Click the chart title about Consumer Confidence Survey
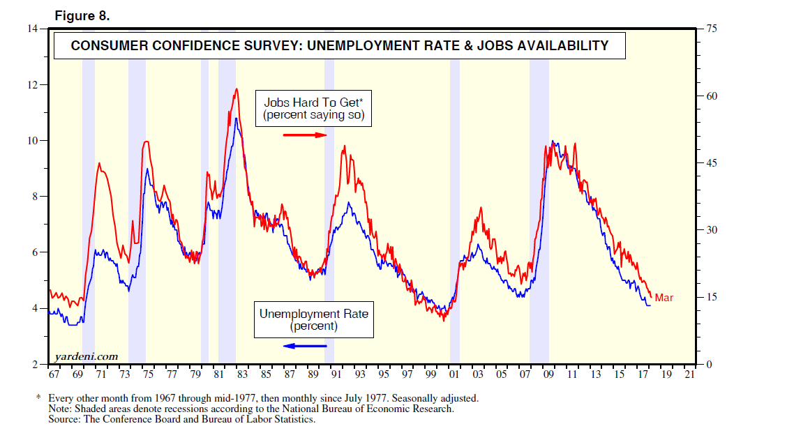pos(340,46)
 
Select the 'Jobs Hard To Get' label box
pos(313,109)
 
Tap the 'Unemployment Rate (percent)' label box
pos(313,319)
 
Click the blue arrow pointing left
pos(305,346)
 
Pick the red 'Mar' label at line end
pos(664,298)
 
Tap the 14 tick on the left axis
pos(32,29)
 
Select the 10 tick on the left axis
pos(32,141)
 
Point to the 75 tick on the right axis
pos(711,29)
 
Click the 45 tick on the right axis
pos(711,163)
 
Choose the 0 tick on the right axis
pos(708,365)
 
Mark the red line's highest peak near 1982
pos(237,89)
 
